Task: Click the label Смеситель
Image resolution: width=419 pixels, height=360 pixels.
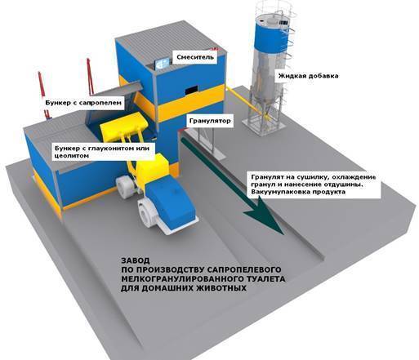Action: pos(195,57)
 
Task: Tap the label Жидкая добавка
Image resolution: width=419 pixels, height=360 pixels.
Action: pos(308,76)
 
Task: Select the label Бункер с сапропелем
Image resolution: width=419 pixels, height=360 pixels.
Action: pos(83,103)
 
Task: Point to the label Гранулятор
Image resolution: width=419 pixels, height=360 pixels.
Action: pos(210,121)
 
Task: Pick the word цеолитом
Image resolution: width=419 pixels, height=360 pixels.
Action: pos(72,156)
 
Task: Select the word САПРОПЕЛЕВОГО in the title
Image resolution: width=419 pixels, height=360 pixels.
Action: pos(244,269)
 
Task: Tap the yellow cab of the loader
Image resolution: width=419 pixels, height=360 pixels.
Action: pos(152,168)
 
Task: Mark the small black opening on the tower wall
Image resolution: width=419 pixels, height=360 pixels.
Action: pos(192,90)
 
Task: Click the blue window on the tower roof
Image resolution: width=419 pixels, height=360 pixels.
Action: pos(163,64)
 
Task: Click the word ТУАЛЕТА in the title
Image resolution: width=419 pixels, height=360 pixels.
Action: pos(265,279)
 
